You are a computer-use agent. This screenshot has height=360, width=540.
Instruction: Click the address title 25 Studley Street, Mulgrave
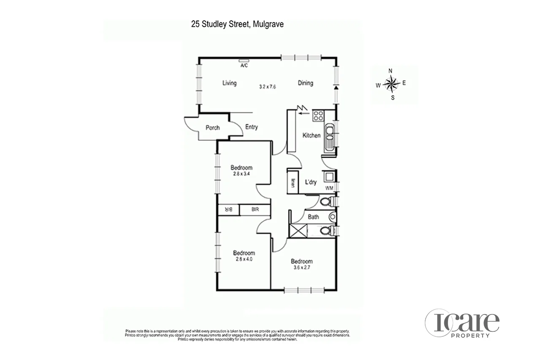(237, 24)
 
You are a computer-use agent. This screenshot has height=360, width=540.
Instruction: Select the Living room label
(229, 83)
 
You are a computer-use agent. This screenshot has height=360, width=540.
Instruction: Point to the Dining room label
(305, 83)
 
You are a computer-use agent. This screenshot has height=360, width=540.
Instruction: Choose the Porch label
(212, 128)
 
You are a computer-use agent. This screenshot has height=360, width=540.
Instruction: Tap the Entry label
(251, 127)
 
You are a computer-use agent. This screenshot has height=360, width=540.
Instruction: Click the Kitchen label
(312, 135)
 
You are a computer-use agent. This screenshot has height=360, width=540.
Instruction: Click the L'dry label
(311, 182)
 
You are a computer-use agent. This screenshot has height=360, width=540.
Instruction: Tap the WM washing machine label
(329, 188)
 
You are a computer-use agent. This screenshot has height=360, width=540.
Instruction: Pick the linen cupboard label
(292, 184)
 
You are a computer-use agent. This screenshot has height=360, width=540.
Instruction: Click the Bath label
(313, 217)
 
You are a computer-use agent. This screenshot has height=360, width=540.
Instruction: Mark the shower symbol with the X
(298, 231)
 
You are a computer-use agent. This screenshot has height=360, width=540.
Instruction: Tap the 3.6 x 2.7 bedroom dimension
(301, 267)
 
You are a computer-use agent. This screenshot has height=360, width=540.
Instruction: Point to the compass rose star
(392, 84)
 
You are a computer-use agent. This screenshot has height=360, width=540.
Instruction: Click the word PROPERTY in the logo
(470, 336)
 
